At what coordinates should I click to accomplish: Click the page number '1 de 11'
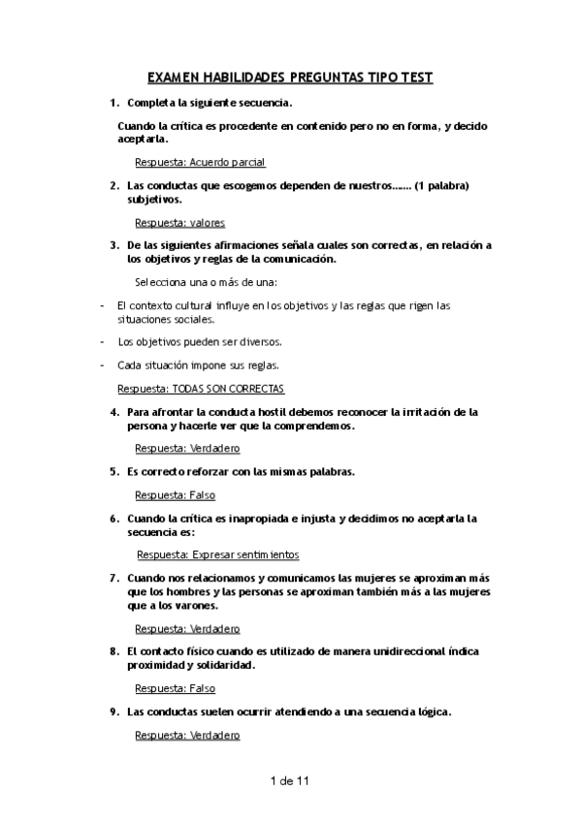pyautogui.click(x=291, y=779)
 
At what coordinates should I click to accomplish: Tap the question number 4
pyautogui.click(x=114, y=412)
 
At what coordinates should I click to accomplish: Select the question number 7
pyautogui.click(x=114, y=578)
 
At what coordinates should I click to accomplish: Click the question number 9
pyautogui.click(x=114, y=711)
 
